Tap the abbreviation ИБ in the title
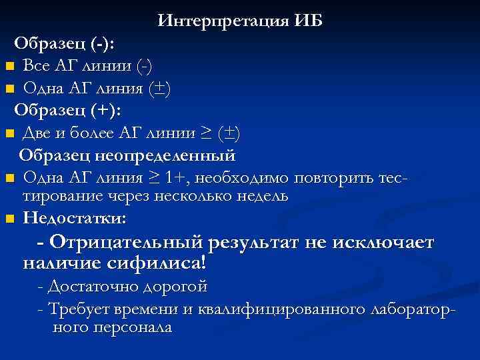tap(307, 21)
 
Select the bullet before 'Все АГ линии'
tap(9, 67)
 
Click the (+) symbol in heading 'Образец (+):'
tap(105, 109)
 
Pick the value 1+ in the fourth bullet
tap(177, 178)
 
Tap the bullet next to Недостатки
tap(9, 219)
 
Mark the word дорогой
tap(174, 287)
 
